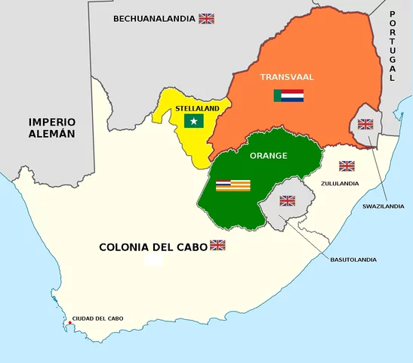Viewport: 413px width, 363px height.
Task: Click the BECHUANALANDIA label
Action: (154, 18)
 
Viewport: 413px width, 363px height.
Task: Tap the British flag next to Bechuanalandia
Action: (206, 18)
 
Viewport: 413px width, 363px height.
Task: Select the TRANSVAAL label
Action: (286, 77)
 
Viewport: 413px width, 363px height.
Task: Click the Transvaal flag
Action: (288, 96)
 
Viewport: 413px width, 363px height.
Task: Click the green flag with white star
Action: (195, 121)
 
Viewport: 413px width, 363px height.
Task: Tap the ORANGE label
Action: (268, 156)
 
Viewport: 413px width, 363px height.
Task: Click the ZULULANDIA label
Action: (339, 183)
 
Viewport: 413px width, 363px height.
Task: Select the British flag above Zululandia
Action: (347, 166)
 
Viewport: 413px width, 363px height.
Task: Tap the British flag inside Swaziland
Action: (365, 124)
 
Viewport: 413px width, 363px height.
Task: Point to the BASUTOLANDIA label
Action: (353, 259)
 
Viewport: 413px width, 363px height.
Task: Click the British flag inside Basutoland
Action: (288, 200)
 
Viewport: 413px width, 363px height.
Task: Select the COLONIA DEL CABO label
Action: (153, 247)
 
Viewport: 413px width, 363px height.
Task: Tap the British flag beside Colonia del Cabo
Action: (217, 245)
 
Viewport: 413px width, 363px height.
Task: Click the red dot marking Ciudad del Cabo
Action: (69, 323)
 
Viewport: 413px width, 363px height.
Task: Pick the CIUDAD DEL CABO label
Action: (97, 318)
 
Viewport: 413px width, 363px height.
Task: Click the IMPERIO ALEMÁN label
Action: (52, 128)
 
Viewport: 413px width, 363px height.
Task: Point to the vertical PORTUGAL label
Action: (392, 46)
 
